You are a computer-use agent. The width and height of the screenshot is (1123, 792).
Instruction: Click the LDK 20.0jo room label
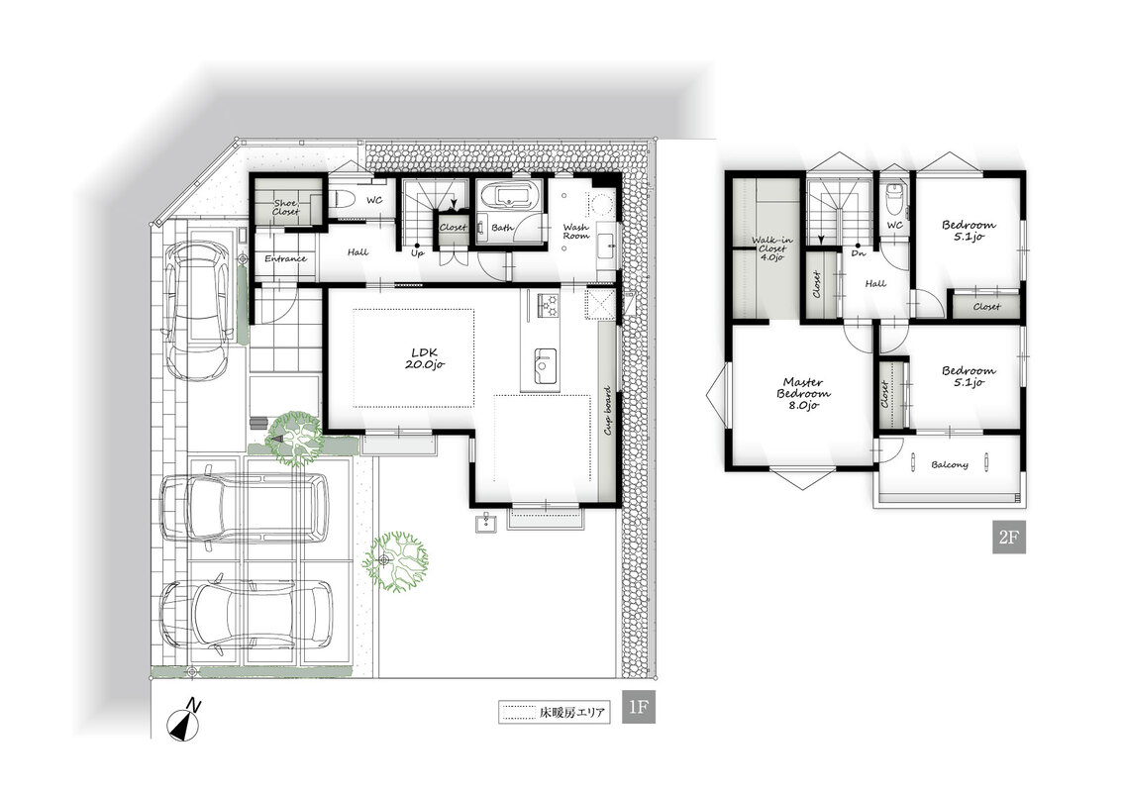coord(425,358)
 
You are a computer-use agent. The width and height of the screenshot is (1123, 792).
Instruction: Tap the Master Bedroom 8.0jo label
coord(803,394)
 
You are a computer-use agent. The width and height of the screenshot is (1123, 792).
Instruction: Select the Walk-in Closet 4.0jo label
coord(771,248)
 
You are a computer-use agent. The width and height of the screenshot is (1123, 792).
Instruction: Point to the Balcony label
coord(950,464)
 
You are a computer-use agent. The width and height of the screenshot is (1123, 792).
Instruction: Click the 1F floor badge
coord(638,708)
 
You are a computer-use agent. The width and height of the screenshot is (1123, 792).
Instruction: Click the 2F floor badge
coord(1008,537)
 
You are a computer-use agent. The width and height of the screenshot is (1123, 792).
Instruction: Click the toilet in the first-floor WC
coord(342,199)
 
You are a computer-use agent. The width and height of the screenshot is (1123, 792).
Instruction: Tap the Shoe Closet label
coord(285,207)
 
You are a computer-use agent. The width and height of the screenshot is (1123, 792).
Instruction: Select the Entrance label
coord(286,258)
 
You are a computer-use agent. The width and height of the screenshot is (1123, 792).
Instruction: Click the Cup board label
coord(607,411)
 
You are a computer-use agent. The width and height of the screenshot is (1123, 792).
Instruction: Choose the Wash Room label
coord(575,232)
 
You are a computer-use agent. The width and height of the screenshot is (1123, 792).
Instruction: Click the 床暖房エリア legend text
coord(571,713)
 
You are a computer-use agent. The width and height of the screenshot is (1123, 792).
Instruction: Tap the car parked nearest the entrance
coord(198,310)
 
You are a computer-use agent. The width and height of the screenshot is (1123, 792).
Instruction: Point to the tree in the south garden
coord(394,560)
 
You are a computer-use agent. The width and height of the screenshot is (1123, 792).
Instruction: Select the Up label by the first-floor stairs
coord(418,252)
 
